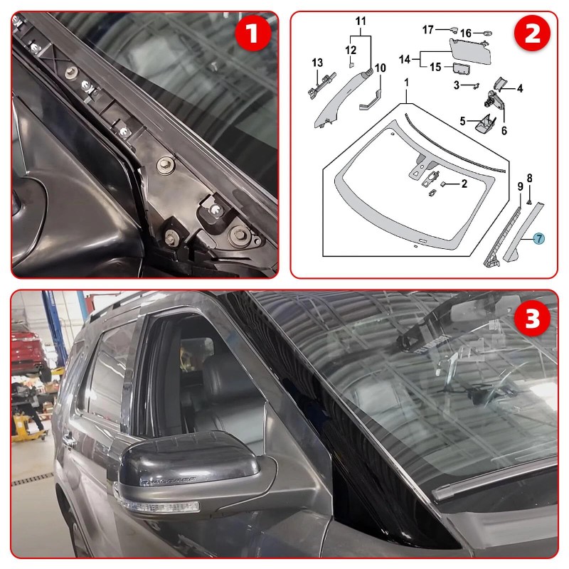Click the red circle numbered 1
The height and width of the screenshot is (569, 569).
pos(253,33)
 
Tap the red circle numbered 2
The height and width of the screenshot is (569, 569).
pos(532,33)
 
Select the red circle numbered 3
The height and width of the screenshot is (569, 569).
pos(532,318)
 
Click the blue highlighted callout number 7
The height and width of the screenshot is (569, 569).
pos(539,238)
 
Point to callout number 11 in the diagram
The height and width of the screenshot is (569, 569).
pos(361,21)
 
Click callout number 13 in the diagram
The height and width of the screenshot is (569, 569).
pos(317,63)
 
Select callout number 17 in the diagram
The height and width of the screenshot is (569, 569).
pos(428,30)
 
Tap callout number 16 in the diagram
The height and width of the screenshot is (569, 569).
pos(466,33)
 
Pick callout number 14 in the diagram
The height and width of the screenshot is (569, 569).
pos(405,59)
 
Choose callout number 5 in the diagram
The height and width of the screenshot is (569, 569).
pos(462,121)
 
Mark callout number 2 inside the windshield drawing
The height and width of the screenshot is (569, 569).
pos(464,184)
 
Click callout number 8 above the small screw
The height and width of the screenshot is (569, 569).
pos(529,179)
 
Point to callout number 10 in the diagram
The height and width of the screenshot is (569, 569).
pos(380,68)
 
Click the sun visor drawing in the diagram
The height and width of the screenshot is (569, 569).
pos(471,50)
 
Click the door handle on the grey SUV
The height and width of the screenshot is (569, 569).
pos(69,440)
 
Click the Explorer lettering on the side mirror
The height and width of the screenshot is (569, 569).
pos(167,481)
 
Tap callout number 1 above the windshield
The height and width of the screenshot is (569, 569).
pos(406,83)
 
